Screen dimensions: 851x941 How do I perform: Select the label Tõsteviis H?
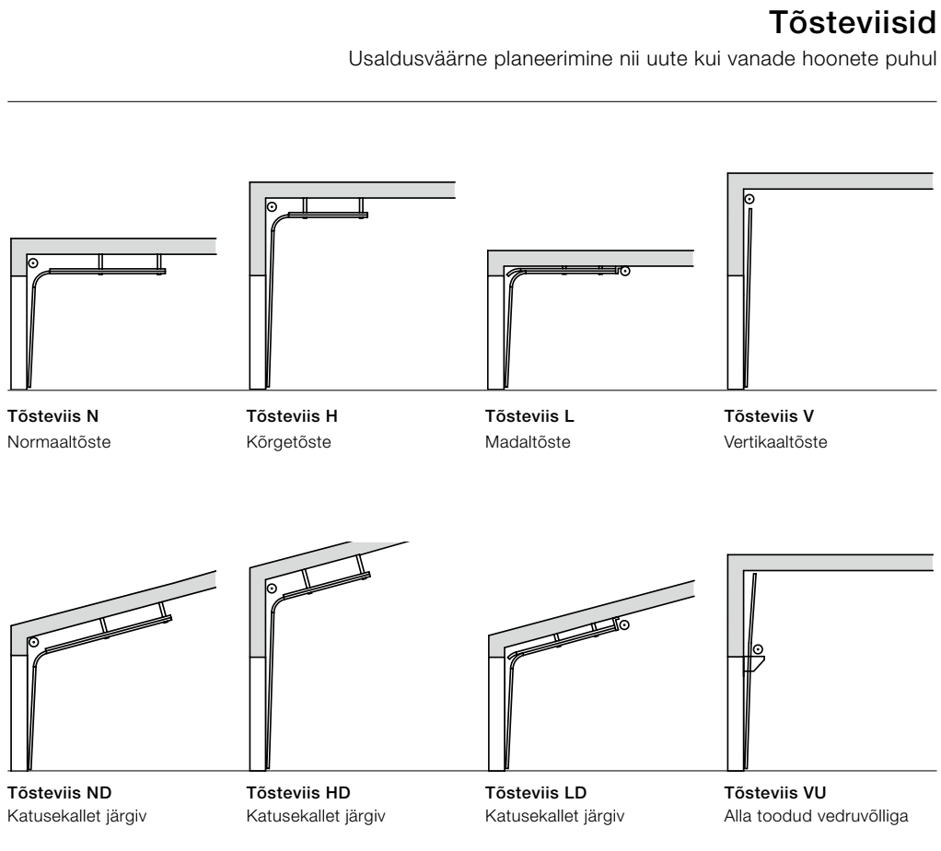(x=292, y=416)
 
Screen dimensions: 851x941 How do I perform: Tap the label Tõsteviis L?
(x=529, y=416)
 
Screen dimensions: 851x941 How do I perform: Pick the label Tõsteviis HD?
(x=299, y=793)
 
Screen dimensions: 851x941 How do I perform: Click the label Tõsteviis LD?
(x=536, y=793)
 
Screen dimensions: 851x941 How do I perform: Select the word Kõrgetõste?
(x=289, y=442)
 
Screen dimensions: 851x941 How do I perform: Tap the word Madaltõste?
(x=528, y=442)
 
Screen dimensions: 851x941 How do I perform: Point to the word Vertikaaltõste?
(x=775, y=442)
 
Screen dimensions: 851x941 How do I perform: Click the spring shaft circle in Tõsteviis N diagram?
(x=33, y=262)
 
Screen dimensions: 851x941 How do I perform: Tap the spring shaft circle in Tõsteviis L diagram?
(x=624, y=271)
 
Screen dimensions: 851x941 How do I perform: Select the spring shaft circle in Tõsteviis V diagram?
(x=749, y=198)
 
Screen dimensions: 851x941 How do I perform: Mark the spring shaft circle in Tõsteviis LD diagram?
(x=624, y=625)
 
